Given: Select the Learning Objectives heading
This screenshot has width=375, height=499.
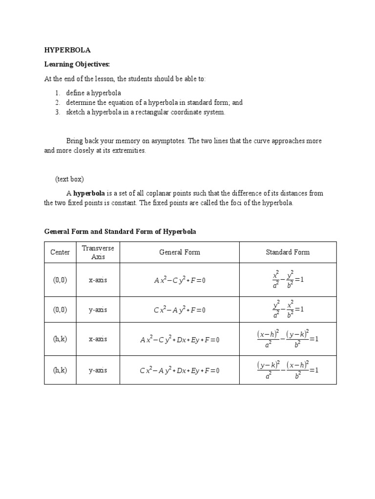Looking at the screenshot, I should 77,64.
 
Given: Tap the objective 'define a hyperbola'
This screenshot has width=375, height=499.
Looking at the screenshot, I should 94,93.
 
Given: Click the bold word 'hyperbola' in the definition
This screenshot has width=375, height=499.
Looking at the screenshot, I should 89,193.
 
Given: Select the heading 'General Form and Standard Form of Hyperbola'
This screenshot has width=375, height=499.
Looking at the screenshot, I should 120,231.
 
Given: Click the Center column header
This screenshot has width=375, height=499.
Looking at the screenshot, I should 60,252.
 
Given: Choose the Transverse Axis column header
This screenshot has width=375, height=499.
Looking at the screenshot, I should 98,252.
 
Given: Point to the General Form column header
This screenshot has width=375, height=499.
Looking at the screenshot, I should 179,252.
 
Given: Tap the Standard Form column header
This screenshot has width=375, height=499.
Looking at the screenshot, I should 287,252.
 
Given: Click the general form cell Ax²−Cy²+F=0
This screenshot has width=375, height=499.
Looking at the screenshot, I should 179,280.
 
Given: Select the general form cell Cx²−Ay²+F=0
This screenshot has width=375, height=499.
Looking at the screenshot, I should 179,310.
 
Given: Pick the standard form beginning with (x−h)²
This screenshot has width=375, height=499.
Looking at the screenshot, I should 287,339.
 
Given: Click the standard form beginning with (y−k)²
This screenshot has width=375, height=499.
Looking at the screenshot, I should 287,370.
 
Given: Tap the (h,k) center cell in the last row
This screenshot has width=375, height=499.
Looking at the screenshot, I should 60,370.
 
